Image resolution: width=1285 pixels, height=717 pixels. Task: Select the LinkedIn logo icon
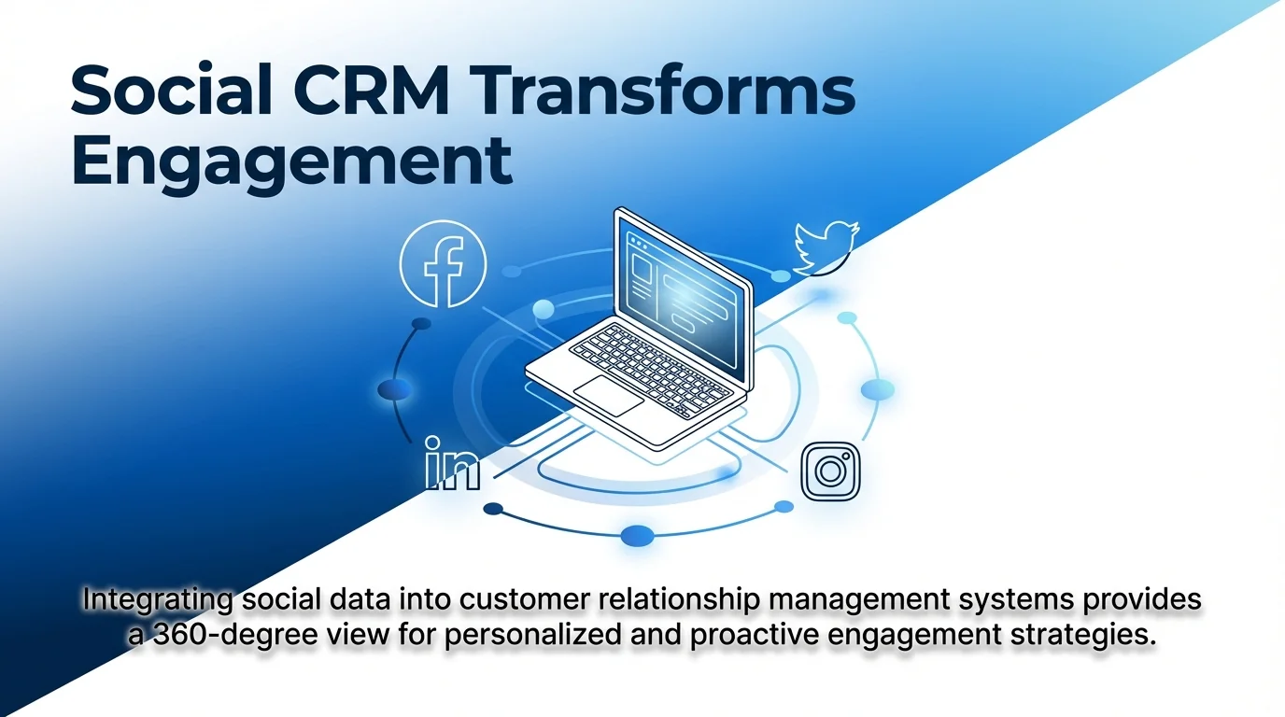point(452,464)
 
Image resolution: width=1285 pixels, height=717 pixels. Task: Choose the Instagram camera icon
point(830,471)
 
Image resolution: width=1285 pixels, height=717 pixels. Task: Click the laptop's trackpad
point(608,396)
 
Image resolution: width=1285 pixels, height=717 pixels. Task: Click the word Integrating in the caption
point(156,599)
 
